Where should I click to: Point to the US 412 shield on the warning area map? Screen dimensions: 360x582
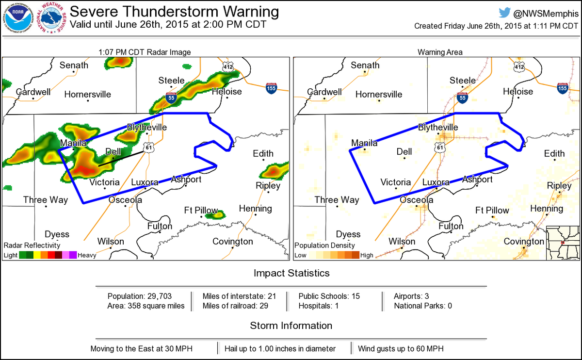click(x=519, y=65)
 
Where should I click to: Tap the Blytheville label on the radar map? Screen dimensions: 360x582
click(x=146, y=127)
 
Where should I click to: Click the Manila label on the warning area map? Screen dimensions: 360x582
click(x=364, y=143)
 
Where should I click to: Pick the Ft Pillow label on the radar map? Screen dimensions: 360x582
click(x=200, y=210)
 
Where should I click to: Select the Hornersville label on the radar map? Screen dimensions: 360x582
click(x=88, y=94)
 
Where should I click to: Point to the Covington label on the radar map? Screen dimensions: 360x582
click(x=233, y=241)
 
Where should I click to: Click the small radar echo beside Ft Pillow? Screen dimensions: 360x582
click(x=215, y=214)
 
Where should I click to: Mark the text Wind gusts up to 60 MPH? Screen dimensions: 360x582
click(x=401, y=348)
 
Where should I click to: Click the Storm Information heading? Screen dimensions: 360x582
click(x=291, y=326)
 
